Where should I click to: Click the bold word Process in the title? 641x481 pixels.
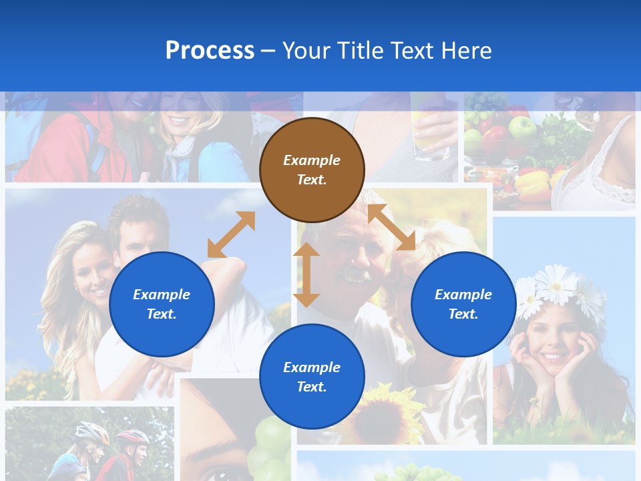(210, 51)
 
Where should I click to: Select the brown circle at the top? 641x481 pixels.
(312, 170)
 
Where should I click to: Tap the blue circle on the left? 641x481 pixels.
(162, 305)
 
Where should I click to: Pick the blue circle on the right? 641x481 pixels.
(463, 305)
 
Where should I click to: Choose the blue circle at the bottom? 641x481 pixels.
(312, 377)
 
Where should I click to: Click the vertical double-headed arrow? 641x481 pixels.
(306, 275)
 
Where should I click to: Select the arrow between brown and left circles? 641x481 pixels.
(231, 234)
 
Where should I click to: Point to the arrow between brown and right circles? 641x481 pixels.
(391, 227)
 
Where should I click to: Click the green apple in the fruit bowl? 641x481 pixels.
(521, 126)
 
